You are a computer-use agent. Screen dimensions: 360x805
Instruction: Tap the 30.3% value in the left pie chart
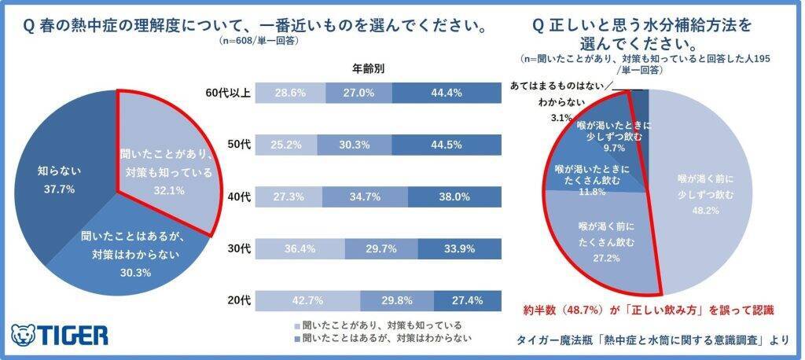pyautogui.click(x=132, y=272)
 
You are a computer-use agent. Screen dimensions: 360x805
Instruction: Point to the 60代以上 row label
pyautogui.click(x=227, y=94)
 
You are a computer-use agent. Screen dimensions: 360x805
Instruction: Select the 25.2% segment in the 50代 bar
pyautogui.click(x=286, y=145)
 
